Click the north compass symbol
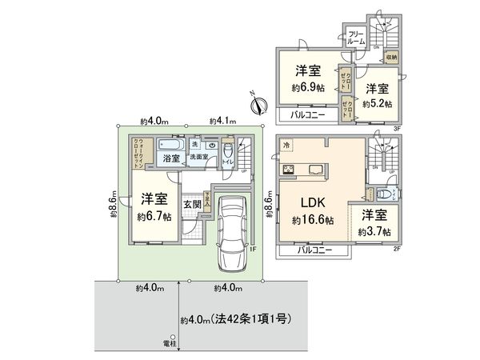coord(255,102)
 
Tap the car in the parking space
coord(231,231)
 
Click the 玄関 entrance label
coord(192,204)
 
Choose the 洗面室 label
coord(199,158)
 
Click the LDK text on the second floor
coord(314,202)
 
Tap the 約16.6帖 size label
coord(314,219)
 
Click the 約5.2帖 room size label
coord(378,103)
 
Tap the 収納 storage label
coord(390,58)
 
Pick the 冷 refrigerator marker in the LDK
coord(287,145)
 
